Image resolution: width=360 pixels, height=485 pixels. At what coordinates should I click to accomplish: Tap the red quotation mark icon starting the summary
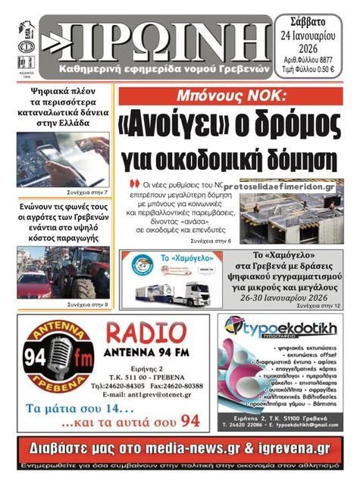136,184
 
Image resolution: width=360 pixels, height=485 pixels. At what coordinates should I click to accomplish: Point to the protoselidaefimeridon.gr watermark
280,186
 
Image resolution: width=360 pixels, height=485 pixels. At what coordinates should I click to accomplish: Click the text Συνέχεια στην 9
88,304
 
